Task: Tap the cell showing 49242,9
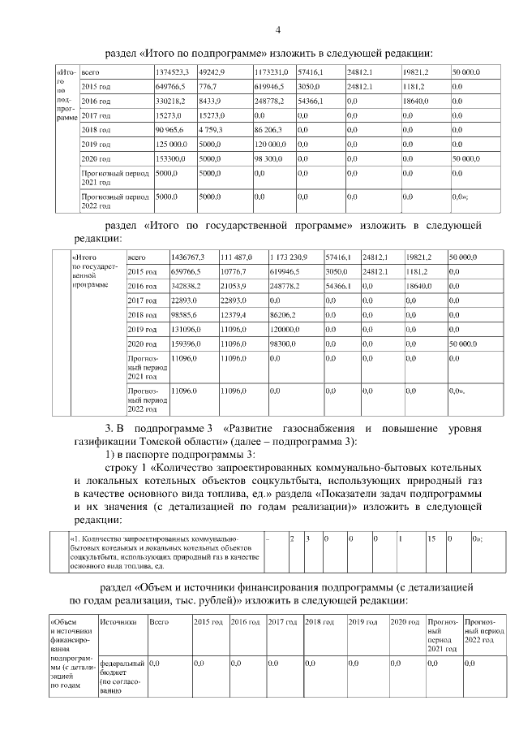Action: (x=212, y=72)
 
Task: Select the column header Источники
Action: (x=117, y=622)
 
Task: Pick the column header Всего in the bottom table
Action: (x=159, y=622)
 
